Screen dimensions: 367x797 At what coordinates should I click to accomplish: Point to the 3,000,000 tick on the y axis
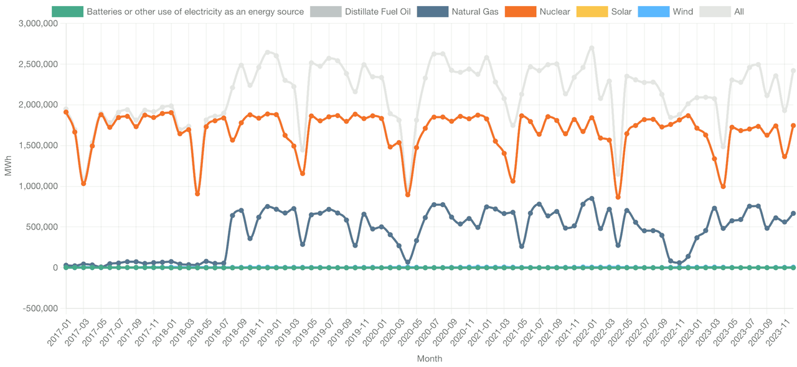pyautogui.click(x=39, y=24)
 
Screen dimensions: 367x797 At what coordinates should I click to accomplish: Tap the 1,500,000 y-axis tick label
pyautogui.click(x=39, y=146)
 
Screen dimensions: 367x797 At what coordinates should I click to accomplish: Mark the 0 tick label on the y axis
pyautogui.click(x=55, y=267)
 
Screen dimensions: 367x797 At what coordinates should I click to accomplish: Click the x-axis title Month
pyautogui.click(x=429, y=359)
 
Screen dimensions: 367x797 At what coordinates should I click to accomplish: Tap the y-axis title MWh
pyautogui.click(x=8, y=166)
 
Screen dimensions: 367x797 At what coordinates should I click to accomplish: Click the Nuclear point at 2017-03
pyautogui.click(x=83, y=183)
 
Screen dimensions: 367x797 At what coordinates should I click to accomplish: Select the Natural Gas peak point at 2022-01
pyautogui.click(x=592, y=198)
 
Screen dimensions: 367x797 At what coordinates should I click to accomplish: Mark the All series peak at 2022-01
pyautogui.click(x=592, y=48)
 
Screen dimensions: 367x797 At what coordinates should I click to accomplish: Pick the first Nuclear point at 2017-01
pyautogui.click(x=66, y=112)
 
